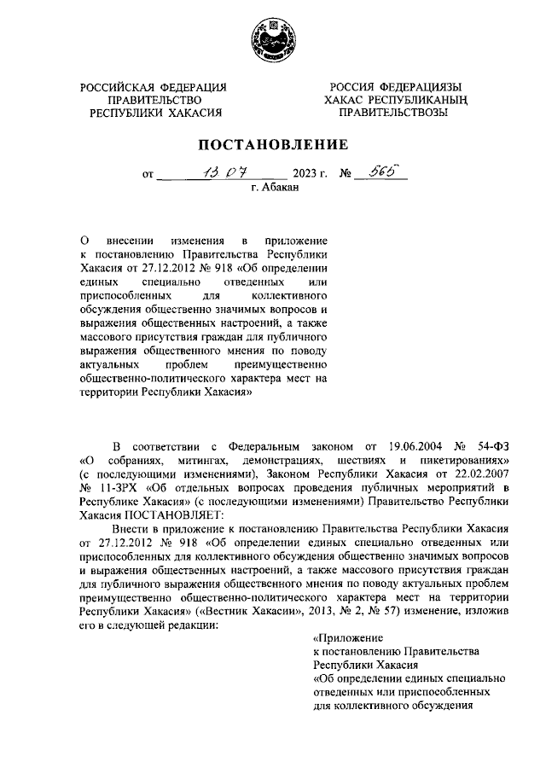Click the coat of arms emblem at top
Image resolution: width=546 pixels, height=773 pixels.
pyautogui.click(x=272, y=42)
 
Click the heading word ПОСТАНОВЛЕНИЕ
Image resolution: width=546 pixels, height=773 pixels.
pyautogui.click(x=273, y=144)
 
